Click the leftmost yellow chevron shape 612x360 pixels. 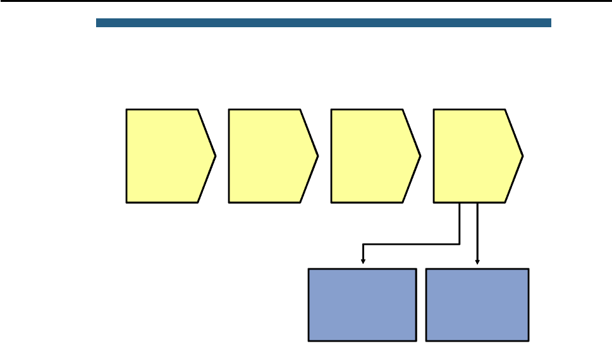click(166, 156)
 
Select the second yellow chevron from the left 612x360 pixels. click(268, 156)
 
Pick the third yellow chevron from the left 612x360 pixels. click(370, 156)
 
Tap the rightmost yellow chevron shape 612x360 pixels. click(473, 156)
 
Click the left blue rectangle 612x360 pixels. click(362, 305)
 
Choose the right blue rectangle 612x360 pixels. click(477, 305)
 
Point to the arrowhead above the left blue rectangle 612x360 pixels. click(362, 260)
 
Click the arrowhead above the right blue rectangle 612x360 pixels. click(477, 260)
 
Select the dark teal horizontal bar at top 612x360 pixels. click(324, 23)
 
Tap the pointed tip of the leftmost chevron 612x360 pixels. click(215, 156)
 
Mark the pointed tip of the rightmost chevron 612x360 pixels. click(522, 156)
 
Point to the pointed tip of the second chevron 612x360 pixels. click(317, 156)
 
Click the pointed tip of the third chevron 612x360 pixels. click(420, 156)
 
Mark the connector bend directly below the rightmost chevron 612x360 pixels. click(460, 244)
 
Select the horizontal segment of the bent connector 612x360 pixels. click(411, 244)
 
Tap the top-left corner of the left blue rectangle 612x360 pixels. click(309, 270)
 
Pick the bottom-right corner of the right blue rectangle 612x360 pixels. click(528, 340)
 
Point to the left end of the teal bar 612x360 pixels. click(97, 23)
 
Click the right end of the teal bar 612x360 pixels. click(550, 23)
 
